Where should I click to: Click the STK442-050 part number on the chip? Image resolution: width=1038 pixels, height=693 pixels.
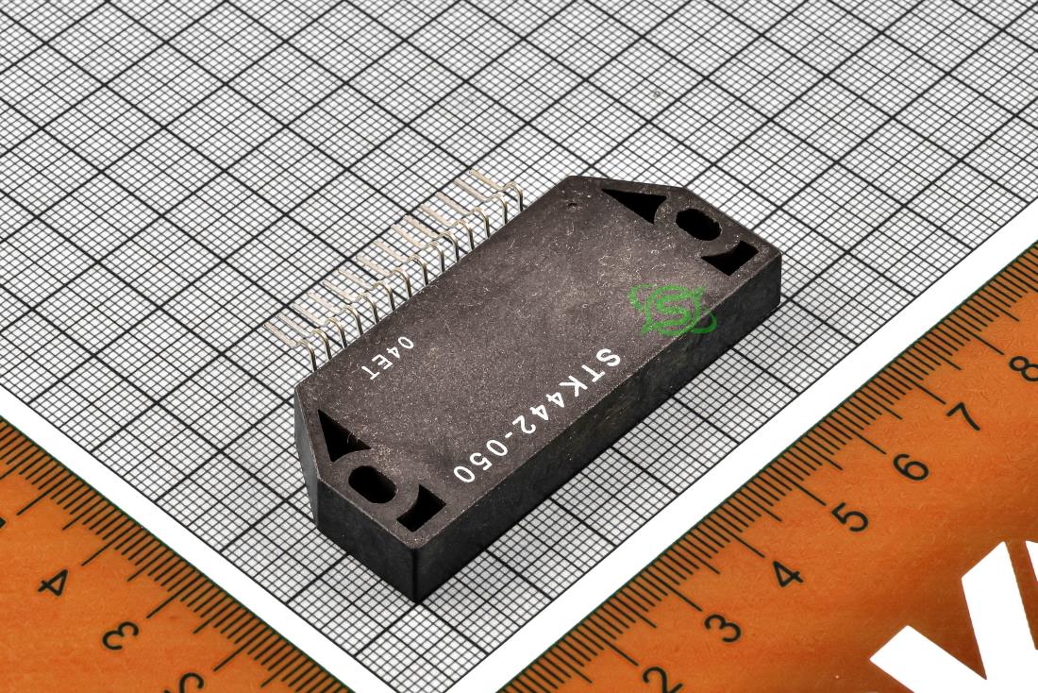point(537,414)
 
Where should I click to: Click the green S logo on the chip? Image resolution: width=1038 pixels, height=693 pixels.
point(671,309)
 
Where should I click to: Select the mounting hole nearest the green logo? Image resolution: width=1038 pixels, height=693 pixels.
point(697,227)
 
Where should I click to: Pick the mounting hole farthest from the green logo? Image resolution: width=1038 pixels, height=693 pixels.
point(372,484)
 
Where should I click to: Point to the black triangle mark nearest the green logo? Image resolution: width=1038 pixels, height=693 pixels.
point(635,202)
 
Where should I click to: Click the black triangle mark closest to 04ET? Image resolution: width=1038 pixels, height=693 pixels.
point(338,434)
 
